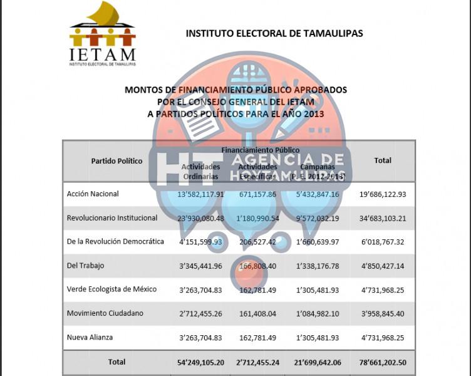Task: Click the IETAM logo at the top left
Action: point(102,34)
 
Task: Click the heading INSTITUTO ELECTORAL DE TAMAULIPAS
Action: point(274,33)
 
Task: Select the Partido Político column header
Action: point(116,161)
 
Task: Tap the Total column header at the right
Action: point(382,160)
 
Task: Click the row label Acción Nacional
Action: point(93,194)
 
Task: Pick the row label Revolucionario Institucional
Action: point(112,218)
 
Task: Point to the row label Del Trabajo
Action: point(85,266)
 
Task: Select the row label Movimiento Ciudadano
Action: point(105,313)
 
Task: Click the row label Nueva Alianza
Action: point(90,338)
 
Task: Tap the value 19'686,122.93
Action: point(382,195)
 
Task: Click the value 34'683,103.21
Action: point(382,219)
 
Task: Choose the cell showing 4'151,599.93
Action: point(200,242)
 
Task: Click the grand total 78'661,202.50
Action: point(382,362)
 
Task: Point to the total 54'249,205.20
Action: point(200,362)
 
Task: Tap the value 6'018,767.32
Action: point(382,242)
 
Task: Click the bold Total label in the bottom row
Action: point(116,362)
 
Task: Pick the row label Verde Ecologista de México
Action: point(111,290)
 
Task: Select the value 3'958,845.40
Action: point(382,313)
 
